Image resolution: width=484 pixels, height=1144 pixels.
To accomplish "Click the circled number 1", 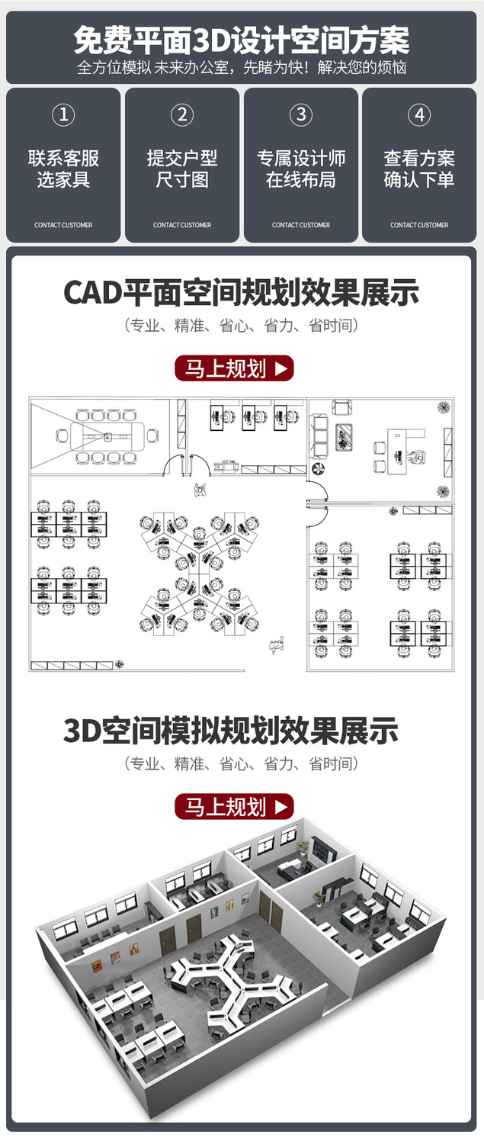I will (x=63, y=115).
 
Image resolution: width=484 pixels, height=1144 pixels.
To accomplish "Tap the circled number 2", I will (x=181, y=115).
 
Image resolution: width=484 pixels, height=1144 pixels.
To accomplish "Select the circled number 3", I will (x=301, y=115).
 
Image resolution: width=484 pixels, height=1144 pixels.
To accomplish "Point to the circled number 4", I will (x=419, y=115).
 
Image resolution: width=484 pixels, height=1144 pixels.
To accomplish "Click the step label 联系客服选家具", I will (x=63, y=169).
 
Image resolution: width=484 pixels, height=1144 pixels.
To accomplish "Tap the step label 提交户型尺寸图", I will (x=181, y=169).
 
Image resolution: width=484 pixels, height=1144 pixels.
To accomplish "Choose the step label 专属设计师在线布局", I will (x=301, y=169).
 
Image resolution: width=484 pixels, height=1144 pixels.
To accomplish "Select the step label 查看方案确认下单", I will (x=419, y=169).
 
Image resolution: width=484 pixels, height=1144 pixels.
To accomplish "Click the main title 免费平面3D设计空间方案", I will (x=242, y=40).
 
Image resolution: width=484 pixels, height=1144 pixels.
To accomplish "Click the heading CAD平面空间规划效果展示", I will (x=242, y=293).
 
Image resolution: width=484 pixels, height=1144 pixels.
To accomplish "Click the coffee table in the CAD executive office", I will (x=345, y=438).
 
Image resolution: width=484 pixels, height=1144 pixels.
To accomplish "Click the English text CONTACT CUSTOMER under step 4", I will (x=419, y=225).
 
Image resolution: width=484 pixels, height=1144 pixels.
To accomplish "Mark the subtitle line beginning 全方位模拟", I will (x=242, y=67).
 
